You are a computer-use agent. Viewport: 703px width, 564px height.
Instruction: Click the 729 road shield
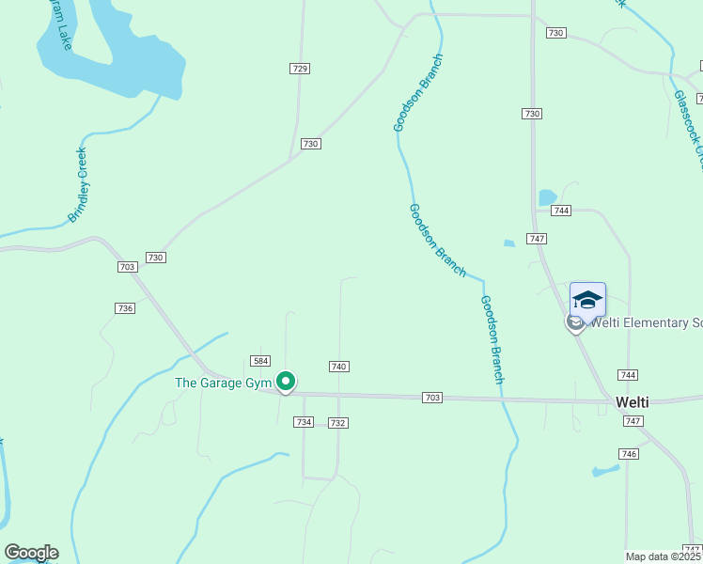point(300,69)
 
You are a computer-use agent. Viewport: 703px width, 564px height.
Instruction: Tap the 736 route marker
point(125,308)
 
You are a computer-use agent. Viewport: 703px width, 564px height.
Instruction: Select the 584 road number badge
point(261,361)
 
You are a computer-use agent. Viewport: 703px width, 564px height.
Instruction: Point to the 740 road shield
point(339,367)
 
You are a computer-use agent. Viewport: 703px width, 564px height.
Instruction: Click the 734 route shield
point(303,422)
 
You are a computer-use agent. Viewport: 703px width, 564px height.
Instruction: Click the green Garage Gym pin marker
point(286,382)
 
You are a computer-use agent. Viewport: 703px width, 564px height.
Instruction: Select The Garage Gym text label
point(223,383)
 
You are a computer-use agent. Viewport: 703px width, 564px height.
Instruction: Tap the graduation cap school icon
point(587,300)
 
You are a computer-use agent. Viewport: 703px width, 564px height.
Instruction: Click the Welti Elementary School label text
point(645,323)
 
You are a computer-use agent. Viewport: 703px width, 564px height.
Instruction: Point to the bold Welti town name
point(632,401)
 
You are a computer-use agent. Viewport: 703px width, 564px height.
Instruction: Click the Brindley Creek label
point(77,185)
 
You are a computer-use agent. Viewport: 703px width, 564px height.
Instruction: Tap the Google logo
point(31,553)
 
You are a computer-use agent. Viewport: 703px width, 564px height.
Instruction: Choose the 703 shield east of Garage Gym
point(432,399)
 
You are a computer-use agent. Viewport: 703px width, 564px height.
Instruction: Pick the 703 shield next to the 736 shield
point(128,267)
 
